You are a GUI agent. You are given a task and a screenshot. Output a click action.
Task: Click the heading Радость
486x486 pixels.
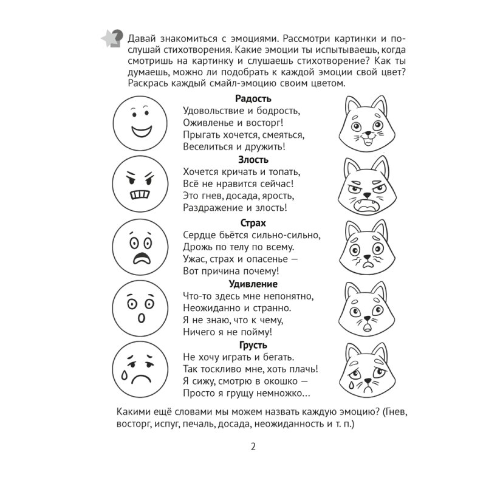253,98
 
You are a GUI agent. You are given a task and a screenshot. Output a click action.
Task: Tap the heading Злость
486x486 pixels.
253,160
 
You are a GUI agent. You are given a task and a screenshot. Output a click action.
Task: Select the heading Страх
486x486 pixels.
253,223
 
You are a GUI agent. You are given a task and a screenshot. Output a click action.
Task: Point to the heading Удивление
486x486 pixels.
253,284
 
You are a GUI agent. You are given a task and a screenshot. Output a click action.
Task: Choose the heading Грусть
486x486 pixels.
253,345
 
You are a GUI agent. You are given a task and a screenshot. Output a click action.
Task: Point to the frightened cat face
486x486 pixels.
363,248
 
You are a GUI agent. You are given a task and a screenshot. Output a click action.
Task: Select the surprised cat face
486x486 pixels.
363,310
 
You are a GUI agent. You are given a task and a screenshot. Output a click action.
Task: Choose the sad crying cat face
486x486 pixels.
363,371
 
